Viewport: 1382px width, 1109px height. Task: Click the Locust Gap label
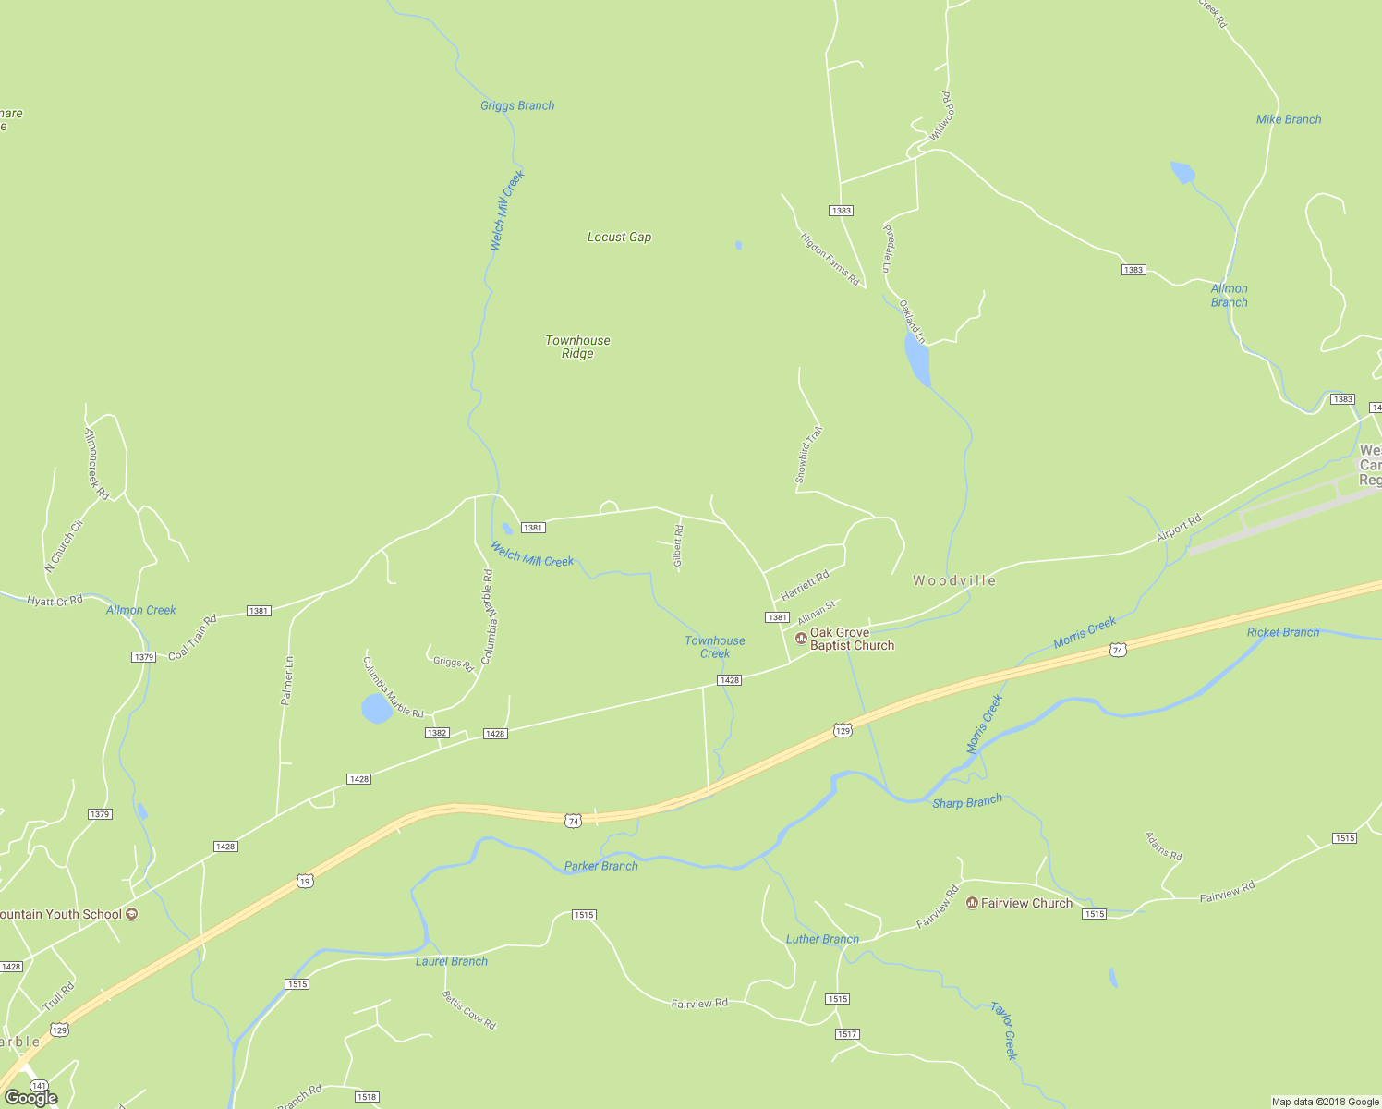tap(619, 238)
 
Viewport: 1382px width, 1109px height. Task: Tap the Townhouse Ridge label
tap(577, 347)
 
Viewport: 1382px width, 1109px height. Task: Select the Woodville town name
tap(954, 580)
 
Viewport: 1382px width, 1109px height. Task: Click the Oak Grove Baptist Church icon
tap(800, 638)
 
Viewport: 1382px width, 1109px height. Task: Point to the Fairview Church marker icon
tap(971, 903)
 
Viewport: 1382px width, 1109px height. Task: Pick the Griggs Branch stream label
tap(517, 105)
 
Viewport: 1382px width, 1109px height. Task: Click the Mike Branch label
tap(1288, 119)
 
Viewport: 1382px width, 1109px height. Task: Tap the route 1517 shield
tap(847, 1033)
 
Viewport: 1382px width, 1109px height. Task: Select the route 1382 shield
tap(437, 733)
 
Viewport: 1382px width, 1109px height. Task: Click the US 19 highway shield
tap(306, 882)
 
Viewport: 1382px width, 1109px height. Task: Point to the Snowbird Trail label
tap(808, 455)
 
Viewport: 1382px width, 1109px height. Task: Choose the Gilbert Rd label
tap(678, 545)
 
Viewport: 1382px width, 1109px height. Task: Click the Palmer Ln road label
tap(287, 681)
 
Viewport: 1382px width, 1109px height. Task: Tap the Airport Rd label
tap(1179, 529)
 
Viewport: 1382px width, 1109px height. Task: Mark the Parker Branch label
tap(600, 866)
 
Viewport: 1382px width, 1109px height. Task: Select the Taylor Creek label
tap(1004, 1030)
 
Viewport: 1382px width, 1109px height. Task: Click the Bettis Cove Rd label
tap(468, 1010)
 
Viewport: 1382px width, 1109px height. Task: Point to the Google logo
tap(30, 1098)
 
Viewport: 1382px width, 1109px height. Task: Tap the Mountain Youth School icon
tap(132, 914)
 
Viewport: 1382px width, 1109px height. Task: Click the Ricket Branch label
tap(1282, 632)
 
